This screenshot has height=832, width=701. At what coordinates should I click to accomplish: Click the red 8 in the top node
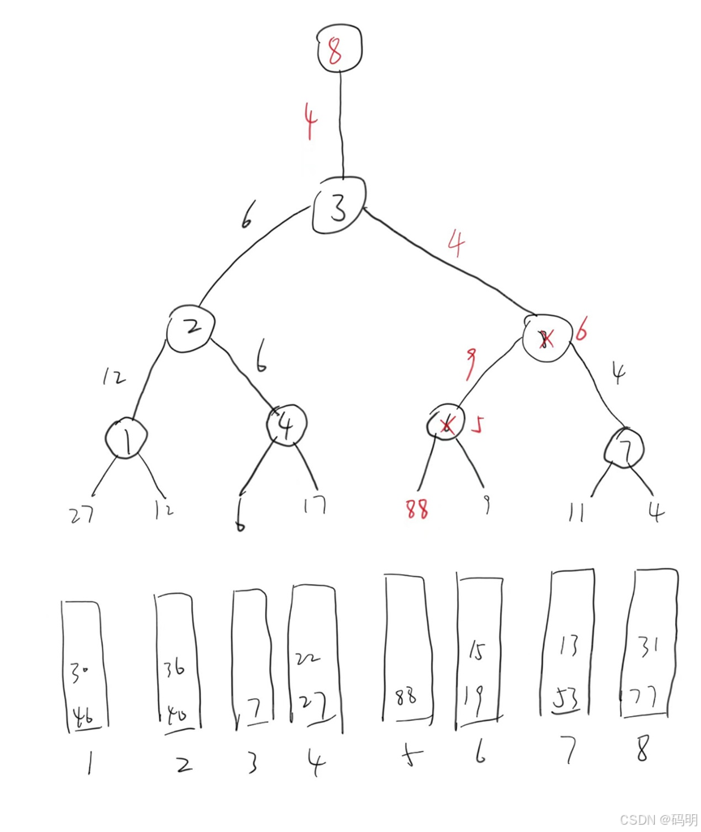336,50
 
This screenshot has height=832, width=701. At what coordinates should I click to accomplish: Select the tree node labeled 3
339,207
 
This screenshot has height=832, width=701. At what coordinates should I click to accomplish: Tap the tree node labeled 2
191,327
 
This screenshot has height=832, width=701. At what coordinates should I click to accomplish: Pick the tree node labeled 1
126,438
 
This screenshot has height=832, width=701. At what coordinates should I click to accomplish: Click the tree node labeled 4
287,423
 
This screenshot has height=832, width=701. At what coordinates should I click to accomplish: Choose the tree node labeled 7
625,446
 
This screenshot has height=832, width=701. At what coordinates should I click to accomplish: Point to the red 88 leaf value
416,509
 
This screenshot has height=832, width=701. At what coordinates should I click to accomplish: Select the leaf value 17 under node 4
313,506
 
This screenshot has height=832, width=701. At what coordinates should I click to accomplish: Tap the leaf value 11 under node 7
577,512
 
